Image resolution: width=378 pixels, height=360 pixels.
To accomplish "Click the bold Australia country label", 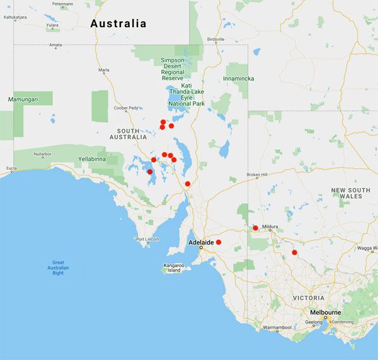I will coord(118,24).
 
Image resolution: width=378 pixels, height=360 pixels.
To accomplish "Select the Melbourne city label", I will coord(326,312).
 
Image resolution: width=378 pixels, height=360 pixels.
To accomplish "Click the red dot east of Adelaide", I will coord(219,242).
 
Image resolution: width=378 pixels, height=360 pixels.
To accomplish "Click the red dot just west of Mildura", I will coord(255,228).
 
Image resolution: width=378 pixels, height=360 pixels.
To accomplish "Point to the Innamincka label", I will coord(239,79).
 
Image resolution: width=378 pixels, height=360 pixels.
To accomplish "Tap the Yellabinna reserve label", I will coord(94,159).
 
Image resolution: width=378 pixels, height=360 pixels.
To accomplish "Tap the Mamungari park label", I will coord(21,99).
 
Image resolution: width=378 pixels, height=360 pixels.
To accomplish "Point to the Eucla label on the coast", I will coord(11,169).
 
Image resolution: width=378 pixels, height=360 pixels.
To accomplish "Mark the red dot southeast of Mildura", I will coord(294,252).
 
